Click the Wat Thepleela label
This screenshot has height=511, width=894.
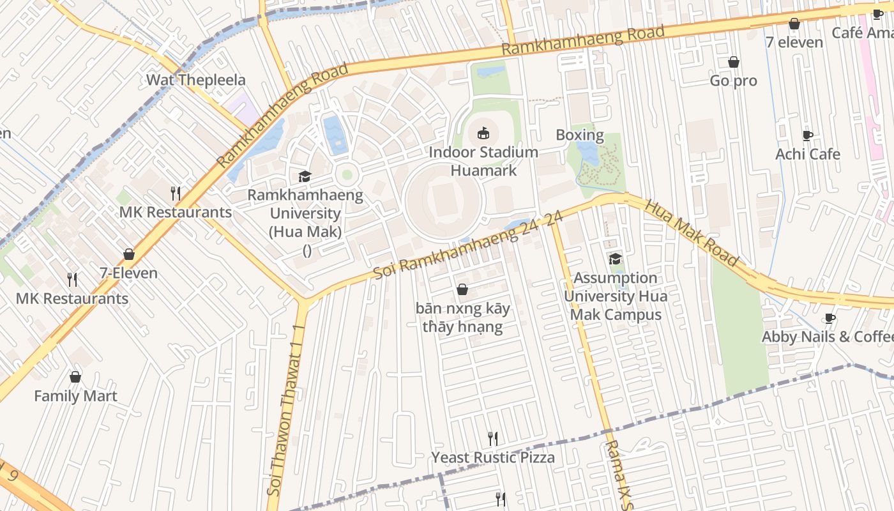pyautogui.click(x=196, y=80)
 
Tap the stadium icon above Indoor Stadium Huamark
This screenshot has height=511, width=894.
pyautogui.click(x=483, y=133)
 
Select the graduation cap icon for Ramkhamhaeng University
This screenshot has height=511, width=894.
pyautogui.click(x=305, y=176)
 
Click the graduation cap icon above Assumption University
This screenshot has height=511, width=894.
pyautogui.click(x=616, y=259)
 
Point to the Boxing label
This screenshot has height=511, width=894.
pyautogui.click(x=579, y=135)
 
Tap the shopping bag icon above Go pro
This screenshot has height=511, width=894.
pyautogui.click(x=734, y=62)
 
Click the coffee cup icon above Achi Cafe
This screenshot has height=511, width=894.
pyautogui.click(x=808, y=135)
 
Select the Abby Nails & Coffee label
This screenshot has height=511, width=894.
pyautogui.click(x=828, y=337)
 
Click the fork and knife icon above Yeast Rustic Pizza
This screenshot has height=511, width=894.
pyautogui.click(x=492, y=438)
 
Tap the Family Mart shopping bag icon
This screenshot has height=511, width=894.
pyautogui.click(x=75, y=377)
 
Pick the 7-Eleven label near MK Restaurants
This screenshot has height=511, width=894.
pyautogui.click(x=128, y=273)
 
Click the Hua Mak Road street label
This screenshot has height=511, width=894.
pyautogui.click(x=692, y=233)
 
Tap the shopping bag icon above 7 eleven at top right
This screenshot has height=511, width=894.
pyautogui.click(x=794, y=24)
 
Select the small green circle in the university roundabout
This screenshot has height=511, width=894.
pyautogui.click(x=347, y=174)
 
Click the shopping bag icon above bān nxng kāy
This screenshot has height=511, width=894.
pyautogui.click(x=462, y=290)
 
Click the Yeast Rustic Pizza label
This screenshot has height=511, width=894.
pyautogui.click(x=493, y=457)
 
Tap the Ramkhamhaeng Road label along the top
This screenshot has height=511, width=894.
pyautogui.click(x=582, y=40)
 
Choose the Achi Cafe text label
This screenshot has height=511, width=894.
pyautogui.click(x=807, y=154)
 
